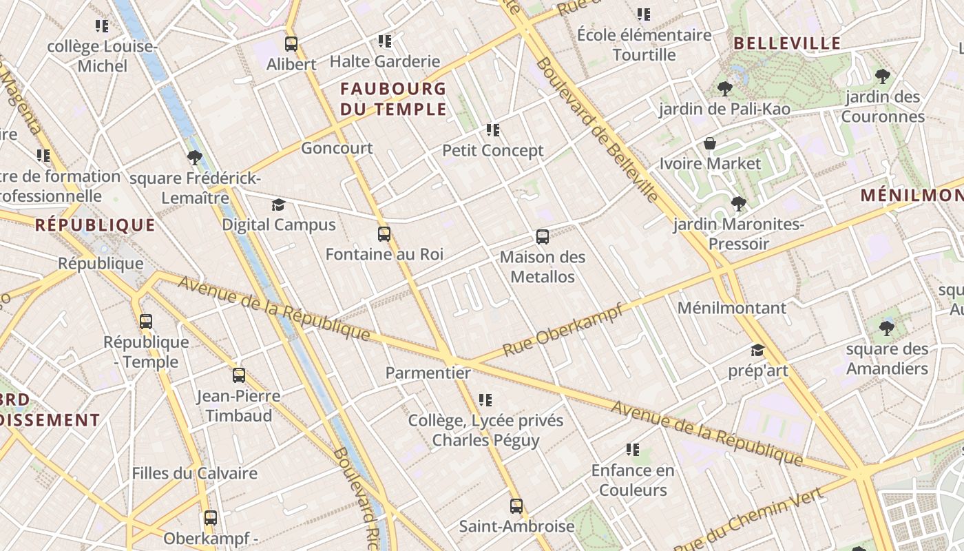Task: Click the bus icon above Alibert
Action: point(291,44)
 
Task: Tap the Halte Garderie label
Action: point(384,61)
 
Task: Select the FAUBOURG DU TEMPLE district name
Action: point(393,98)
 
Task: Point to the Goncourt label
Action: point(337,148)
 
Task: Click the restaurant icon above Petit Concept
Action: point(492,129)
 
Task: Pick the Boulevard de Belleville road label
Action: point(596,129)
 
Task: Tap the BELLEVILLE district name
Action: point(787,43)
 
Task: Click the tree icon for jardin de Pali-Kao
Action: point(724,88)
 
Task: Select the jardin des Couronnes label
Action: point(883,106)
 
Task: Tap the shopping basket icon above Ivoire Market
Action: point(710,143)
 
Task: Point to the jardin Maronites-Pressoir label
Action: point(739,233)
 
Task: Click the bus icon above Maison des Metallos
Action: point(543,237)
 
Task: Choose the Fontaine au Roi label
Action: point(384,254)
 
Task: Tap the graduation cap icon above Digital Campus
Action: point(278,205)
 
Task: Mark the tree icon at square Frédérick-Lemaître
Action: point(195,158)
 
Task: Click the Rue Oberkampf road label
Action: point(563,330)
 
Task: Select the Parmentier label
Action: point(428,373)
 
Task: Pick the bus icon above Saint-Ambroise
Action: point(516,506)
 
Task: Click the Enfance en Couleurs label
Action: point(633,480)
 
